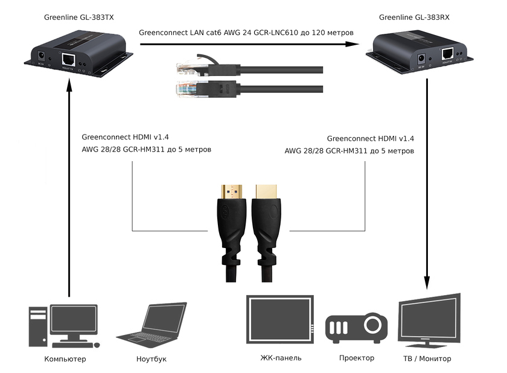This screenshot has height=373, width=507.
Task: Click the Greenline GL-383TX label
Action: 78,17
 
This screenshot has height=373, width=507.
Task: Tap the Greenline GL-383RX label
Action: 414,17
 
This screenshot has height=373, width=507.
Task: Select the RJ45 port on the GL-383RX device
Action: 447,53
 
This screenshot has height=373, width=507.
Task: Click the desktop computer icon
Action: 63,326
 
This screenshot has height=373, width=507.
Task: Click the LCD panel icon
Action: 281,320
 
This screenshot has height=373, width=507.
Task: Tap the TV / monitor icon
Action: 429,320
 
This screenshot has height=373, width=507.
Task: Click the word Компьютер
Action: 65,359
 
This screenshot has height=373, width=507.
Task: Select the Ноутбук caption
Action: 151,359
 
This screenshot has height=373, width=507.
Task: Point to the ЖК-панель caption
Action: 281,358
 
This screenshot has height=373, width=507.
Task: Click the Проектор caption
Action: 357,358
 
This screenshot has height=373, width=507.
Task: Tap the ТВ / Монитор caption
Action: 427,359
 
